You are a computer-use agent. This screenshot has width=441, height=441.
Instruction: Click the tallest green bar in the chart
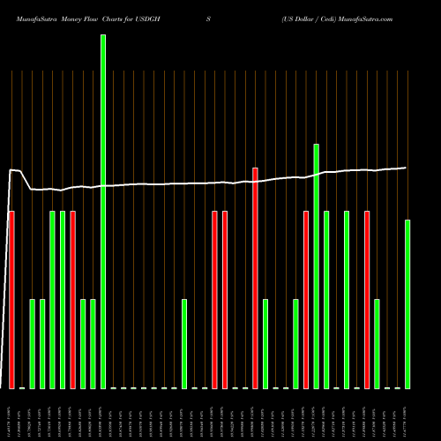coord(103,212)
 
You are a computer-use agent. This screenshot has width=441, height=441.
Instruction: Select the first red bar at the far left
coord(11,300)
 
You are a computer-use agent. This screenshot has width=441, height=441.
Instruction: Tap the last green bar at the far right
coord(407,304)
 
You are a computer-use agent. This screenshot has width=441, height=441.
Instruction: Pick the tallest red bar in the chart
coord(256,278)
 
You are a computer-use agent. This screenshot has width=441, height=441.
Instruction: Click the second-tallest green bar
coord(317,265)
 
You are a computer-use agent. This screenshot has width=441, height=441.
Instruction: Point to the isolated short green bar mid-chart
coord(184,344)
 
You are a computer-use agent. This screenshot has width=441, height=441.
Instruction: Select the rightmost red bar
coord(367,300)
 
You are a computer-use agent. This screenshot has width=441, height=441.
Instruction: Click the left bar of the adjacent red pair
coord(215,300)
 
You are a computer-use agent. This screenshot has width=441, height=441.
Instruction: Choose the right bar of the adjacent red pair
coord(225,300)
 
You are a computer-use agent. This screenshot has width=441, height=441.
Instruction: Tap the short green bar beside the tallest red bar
coord(265,344)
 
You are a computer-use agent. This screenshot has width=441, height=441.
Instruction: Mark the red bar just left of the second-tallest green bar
coord(306,300)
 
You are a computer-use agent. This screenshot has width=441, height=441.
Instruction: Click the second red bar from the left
coord(72,300)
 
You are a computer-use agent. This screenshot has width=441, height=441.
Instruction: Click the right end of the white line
coord(406,168)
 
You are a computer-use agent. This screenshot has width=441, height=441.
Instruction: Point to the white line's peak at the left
coord(12,169)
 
